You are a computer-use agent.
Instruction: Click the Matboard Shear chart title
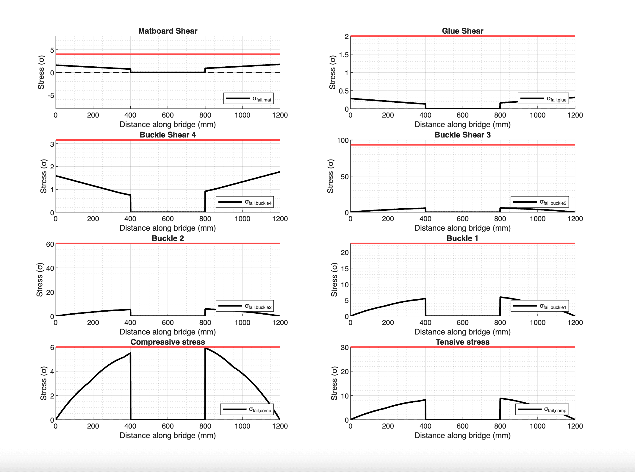(x=168, y=31)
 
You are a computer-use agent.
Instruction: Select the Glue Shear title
(x=462, y=31)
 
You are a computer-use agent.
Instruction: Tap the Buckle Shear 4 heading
(x=168, y=135)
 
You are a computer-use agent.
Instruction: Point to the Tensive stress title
(x=462, y=342)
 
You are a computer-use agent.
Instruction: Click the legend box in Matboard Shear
(x=248, y=99)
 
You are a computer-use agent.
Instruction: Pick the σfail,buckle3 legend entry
(x=539, y=202)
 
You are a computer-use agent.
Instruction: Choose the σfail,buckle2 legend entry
(x=245, y=306)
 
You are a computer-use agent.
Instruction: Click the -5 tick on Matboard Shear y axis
(x=51, y=96)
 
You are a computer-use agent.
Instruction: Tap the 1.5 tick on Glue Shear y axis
(x=344, y=55)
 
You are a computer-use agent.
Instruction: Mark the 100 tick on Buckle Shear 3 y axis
(x=343, y=140)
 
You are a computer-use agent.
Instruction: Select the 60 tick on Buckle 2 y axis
(x=50, y=244)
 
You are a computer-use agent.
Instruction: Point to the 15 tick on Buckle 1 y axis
(x=345, y=269)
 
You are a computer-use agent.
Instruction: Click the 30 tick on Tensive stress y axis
(x=345, y=348)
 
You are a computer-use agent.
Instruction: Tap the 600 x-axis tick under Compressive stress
(x=168, y=426)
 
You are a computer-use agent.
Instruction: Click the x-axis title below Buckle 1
(x=462, y=332)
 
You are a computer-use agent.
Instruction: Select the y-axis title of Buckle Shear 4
(x=44, y=176)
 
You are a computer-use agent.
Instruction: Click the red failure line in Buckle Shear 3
(x=463, y=145)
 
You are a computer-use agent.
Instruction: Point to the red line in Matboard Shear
(x=168, y=54)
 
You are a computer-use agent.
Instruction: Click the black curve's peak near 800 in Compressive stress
(x=205, y=348)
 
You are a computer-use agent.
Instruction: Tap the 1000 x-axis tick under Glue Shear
(x=537, y=115)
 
